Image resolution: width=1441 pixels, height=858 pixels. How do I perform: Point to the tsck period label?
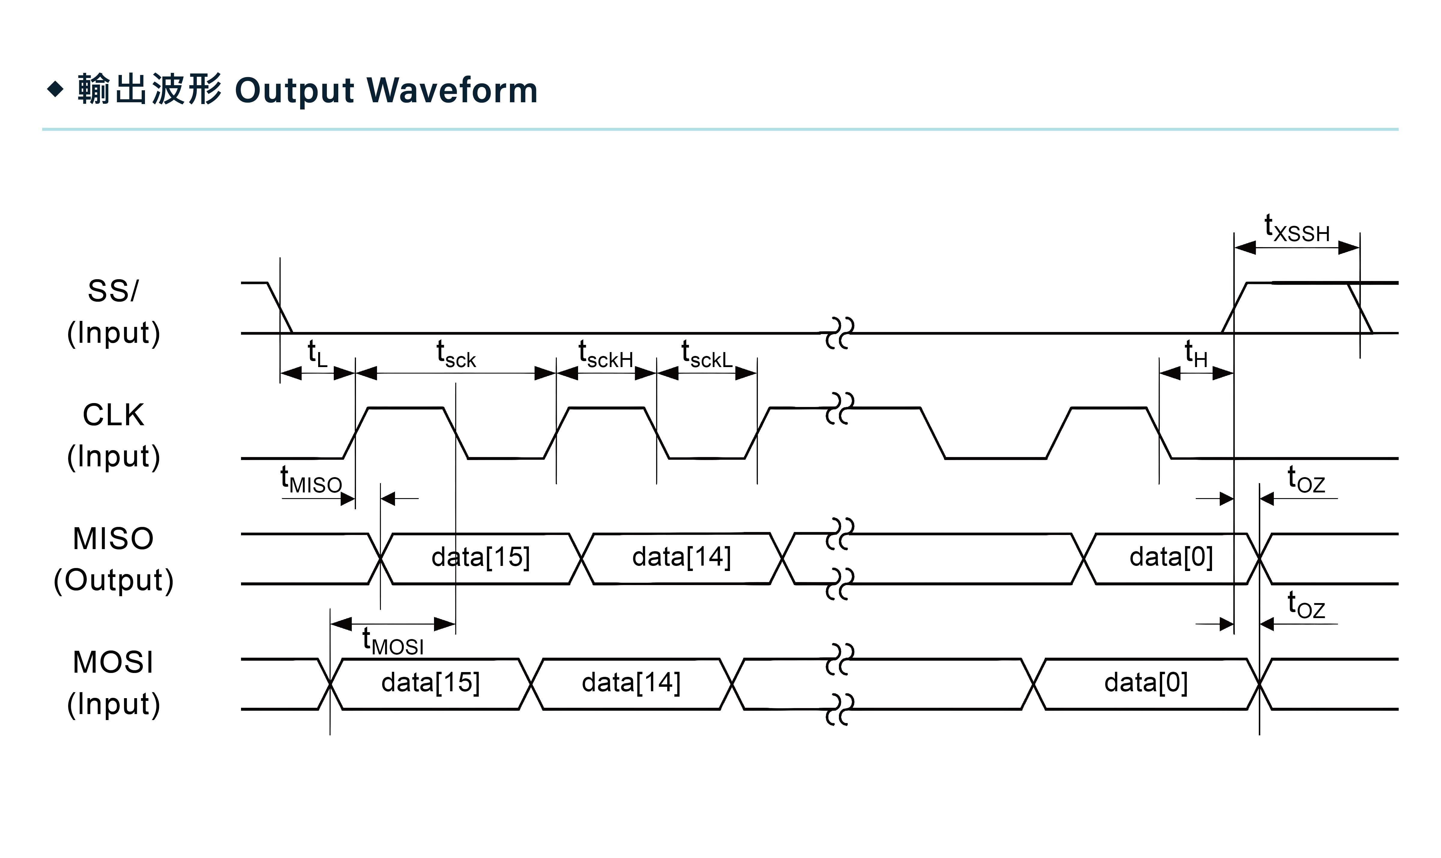tap(456, 354)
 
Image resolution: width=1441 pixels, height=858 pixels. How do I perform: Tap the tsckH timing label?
tap(606, 354)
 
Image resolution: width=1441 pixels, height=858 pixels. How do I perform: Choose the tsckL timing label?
tap(707, 354)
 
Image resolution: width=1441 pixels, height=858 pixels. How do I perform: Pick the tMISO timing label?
tap(311, 480)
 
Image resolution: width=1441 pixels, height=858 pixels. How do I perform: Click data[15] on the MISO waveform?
tap(481, 557)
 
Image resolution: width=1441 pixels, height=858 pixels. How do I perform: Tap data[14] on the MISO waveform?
tap(681, 557)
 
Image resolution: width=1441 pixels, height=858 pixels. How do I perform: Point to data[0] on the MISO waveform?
tap(1171, 557)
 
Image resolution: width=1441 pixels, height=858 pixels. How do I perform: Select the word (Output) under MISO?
tap(113, 581)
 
